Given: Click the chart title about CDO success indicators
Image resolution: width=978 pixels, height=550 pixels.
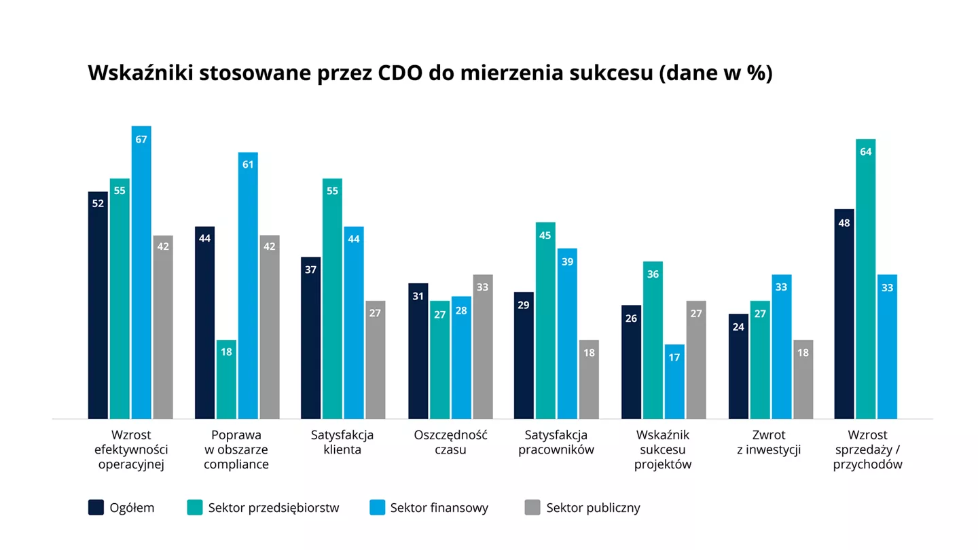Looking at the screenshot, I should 430,73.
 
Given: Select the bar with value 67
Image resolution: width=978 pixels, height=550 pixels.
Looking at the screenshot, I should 141,272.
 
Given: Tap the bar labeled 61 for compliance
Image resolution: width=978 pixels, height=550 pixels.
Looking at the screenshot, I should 248,285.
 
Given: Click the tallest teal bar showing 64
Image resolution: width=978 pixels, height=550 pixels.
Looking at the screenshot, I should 866,278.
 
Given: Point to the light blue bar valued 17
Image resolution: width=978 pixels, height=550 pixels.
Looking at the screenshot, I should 674,381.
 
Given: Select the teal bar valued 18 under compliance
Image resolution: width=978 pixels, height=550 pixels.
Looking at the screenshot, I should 226,379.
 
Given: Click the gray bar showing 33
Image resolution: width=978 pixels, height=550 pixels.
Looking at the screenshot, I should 483,346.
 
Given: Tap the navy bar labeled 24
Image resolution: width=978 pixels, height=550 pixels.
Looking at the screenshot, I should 738,366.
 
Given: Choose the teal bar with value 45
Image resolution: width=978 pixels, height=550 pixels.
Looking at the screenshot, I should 545,320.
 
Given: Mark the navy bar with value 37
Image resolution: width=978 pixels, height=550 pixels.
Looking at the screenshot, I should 312,337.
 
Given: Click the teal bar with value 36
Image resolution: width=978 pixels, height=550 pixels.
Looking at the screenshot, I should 653,340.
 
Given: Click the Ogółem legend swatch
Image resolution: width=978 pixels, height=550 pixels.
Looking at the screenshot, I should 96,507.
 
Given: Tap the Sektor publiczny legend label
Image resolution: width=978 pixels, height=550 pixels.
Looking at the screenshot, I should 593,507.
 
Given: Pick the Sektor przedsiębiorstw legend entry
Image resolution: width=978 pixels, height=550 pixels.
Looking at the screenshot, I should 273,507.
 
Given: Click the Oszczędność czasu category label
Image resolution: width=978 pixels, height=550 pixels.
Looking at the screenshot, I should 450,442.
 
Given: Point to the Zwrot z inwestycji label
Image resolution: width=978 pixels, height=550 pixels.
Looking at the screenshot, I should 769,442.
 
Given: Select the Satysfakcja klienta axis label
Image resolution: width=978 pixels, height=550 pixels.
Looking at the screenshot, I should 342,442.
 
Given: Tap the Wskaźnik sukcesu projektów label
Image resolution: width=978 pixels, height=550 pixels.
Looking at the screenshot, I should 662,450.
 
